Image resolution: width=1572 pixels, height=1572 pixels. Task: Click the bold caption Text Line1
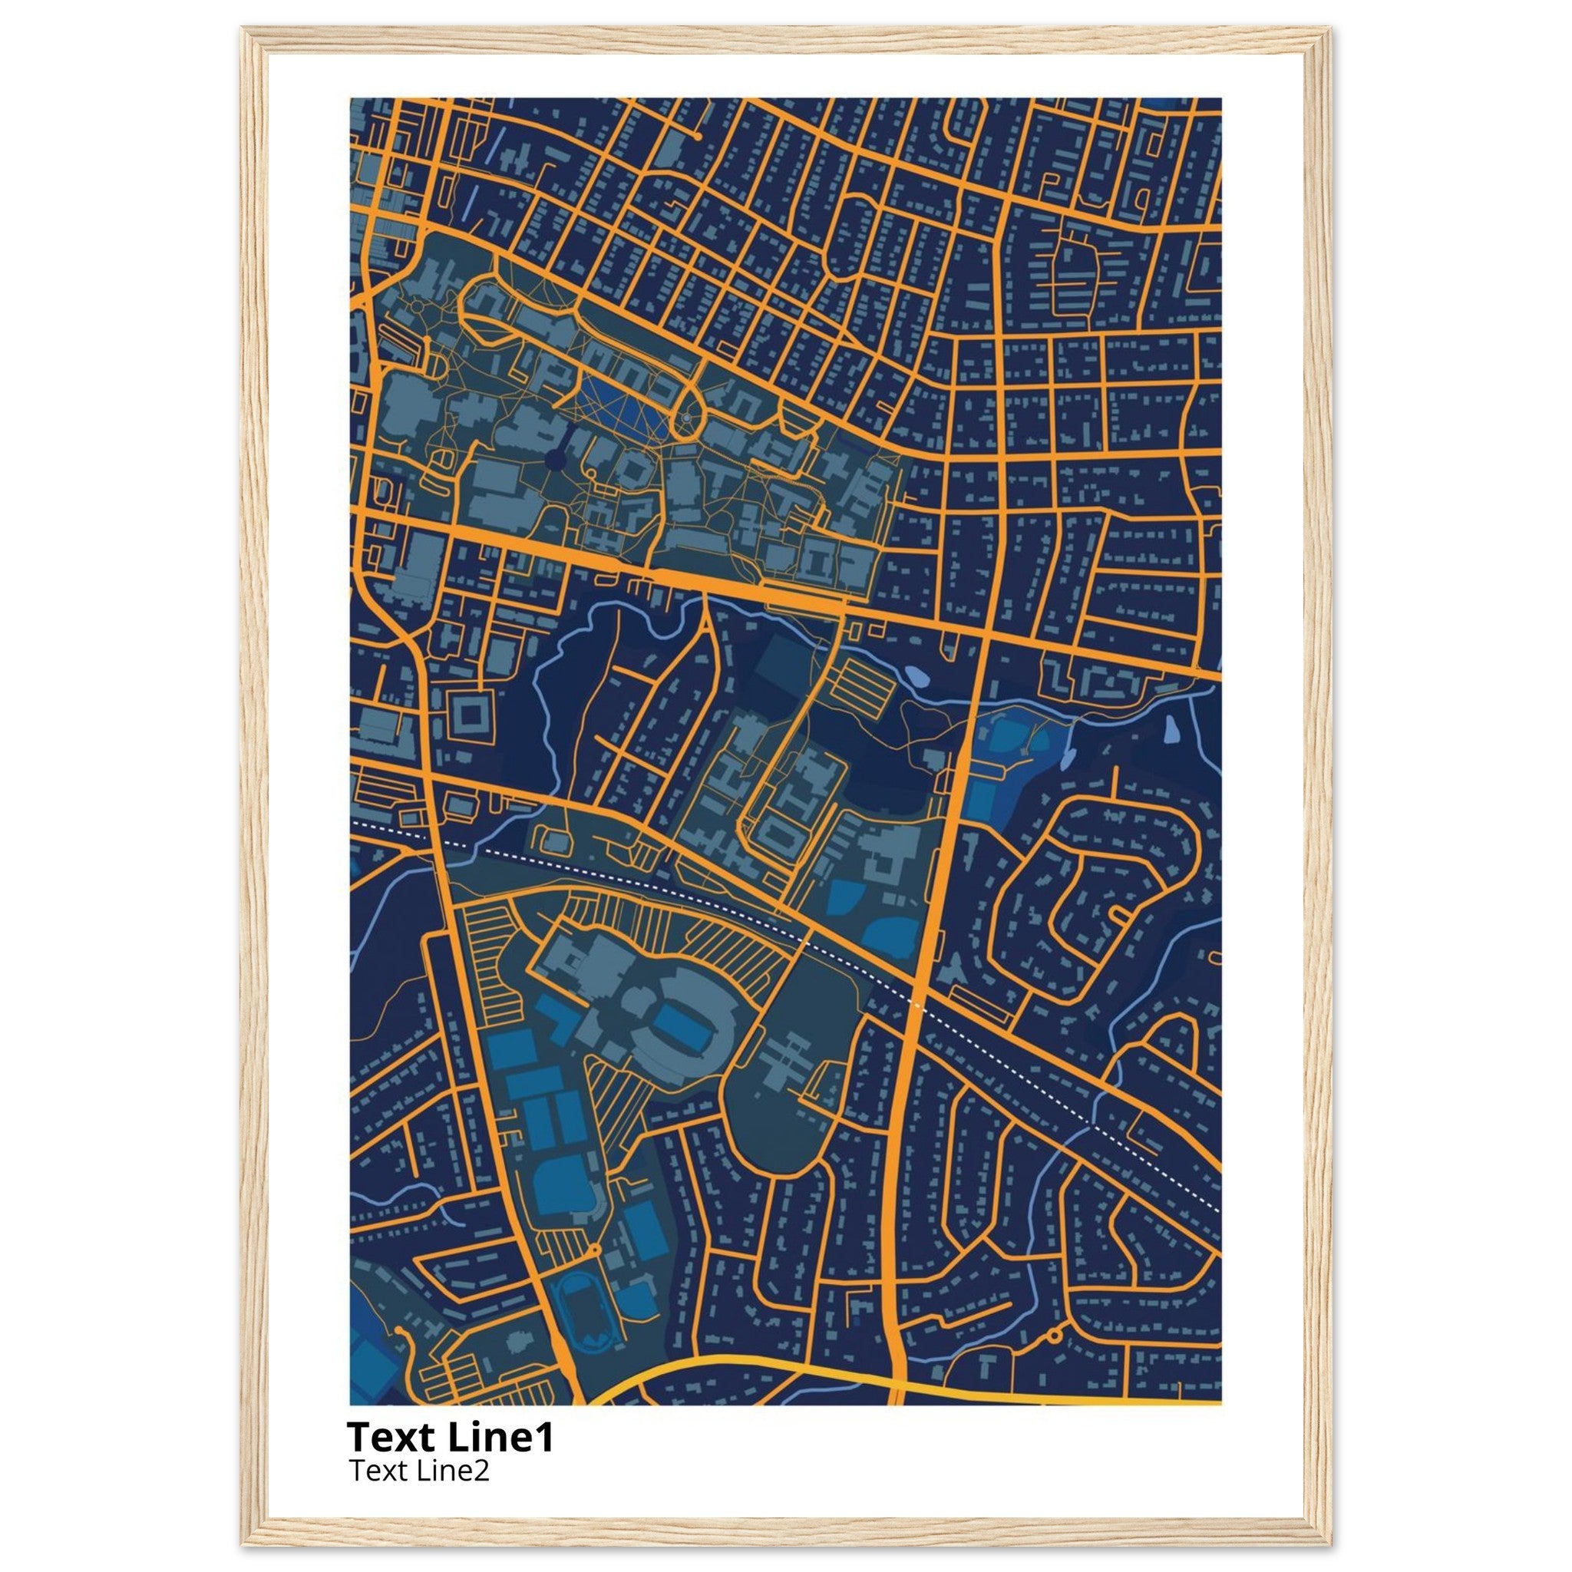[450, 1437]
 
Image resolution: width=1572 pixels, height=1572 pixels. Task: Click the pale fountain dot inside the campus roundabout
[687, 418]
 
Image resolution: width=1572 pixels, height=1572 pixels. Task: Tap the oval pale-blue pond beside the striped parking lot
[916, 676]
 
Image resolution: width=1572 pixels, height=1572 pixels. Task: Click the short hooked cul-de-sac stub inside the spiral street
[1121, 913]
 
